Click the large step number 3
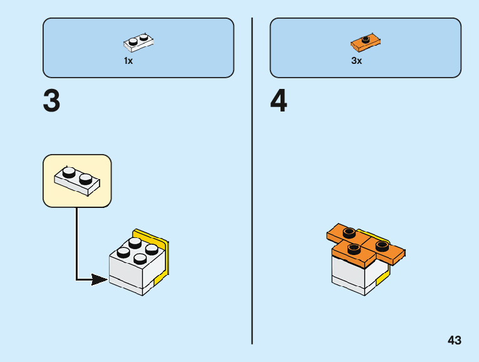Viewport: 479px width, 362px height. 51,101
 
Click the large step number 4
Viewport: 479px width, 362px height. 279,101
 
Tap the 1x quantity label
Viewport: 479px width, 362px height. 128,61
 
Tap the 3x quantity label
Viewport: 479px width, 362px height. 356,61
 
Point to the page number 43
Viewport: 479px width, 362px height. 455,340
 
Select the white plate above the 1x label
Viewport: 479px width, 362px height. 139,42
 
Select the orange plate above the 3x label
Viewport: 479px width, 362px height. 366,43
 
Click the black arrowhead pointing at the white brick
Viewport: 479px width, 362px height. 99,279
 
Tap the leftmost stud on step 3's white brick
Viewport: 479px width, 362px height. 123,253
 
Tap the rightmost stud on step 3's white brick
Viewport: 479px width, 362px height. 151,248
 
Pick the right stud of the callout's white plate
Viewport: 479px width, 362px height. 86,178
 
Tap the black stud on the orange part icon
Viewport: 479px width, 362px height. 366,39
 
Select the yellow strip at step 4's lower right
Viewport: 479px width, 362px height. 383,276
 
